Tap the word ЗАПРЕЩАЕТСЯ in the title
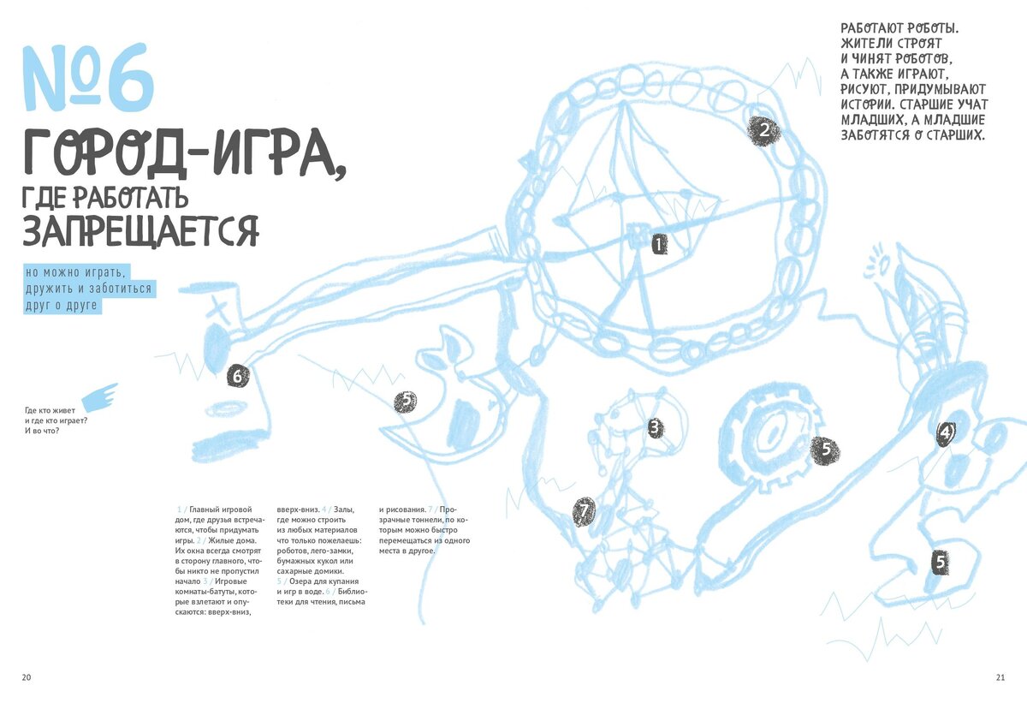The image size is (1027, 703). [x=140, y=230]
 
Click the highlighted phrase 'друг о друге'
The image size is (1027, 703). [x=62, y=305]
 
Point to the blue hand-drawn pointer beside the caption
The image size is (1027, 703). [x=100, y=396]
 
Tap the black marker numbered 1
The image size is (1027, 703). [x=657, y=245]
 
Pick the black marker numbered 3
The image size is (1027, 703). [x=655, y=427]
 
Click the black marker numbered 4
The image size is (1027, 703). [x=945, y=432]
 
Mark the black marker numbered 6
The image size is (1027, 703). [x=239, y=375]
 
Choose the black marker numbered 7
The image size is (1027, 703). [x=584, y=512]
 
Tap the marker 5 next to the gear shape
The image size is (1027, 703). [x=825, y=448]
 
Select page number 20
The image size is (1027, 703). [x=27, y=677]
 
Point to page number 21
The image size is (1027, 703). [x=1000, y=677]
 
